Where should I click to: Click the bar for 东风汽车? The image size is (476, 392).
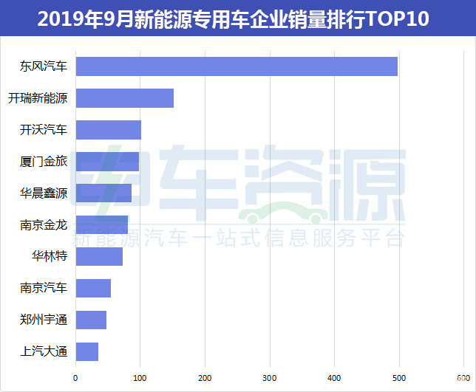[237, 66]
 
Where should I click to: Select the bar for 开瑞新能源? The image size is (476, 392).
[125, 98]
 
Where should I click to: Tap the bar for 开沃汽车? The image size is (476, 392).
[109, 130]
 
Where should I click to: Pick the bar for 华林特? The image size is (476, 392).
[99, 257]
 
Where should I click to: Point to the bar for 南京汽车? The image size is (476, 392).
[93, 289]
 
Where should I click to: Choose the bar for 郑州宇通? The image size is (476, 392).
[91, 320]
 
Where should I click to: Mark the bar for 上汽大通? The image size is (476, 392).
[87, 351]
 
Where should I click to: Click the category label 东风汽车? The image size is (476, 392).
[44, 66]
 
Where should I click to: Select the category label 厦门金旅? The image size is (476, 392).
[44, 162]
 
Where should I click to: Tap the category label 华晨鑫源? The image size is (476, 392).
[44, 193]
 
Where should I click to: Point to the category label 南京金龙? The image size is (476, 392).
[44, 225]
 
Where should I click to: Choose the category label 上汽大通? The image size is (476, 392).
[44, 351]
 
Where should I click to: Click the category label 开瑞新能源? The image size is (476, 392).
[38, 98]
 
